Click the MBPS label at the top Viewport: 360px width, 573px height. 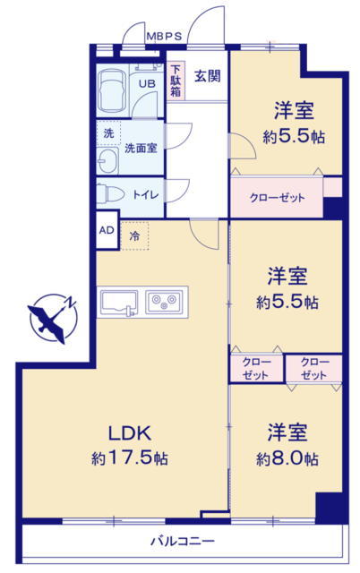tap(164, 36)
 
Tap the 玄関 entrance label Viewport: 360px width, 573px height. tap(207, 76)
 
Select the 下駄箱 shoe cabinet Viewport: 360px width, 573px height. tap(176, 81)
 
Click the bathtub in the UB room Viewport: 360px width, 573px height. tap(112, 91)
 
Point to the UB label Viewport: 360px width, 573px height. tap(147, 83)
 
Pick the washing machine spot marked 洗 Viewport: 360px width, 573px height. tap(108, 133)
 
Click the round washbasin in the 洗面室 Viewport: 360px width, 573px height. tap(107, 161)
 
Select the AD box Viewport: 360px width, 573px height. tap(107, 230)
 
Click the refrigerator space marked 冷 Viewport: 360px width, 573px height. tap(134, 235)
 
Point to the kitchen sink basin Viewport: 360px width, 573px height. tap(119, 303)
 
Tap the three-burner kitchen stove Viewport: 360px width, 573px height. tap(164, 302)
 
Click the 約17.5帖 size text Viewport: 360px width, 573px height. tap(129, 458)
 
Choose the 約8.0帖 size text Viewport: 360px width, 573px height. tap(287, 458)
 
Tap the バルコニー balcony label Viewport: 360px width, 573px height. tap(183, 541)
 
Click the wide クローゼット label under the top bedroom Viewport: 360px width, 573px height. tap(277, 198)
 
